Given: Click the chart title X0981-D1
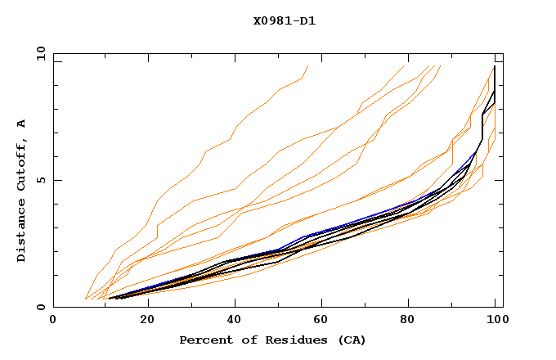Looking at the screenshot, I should [x=284, y=20].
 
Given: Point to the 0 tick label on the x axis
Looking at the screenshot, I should [x=53, y=322].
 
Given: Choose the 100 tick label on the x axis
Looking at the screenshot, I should [x=495, y=322].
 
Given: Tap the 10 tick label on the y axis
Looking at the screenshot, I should [x=38, y=53].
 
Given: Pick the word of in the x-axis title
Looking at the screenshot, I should [x=248, y=340].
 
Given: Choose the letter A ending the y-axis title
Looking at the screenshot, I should [x=21, y=123].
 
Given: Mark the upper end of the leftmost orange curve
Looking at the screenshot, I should [x=307, y=65].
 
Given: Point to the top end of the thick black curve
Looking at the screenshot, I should [x=494, y=66].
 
